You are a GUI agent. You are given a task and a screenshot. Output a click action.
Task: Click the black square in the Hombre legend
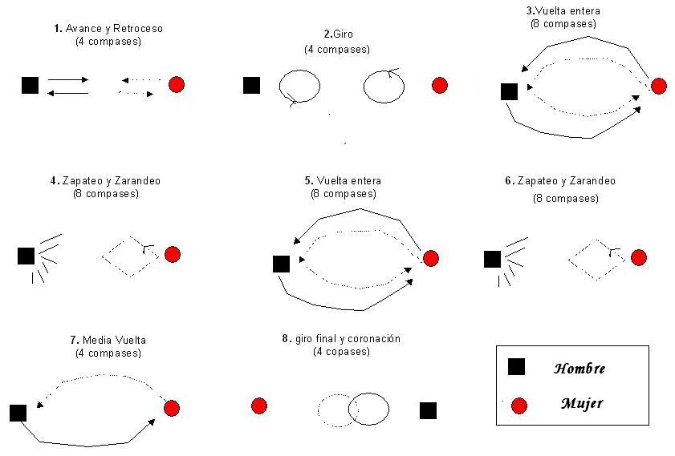point(517,367)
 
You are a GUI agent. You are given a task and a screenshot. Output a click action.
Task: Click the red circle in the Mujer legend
point(519,406)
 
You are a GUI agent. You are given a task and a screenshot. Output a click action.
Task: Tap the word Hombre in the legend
point(579,369)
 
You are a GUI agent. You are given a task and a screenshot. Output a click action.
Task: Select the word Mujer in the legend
point(581,404)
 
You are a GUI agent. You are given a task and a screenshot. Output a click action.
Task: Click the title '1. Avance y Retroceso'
point(108,29)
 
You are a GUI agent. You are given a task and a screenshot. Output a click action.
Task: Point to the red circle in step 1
point(177,84)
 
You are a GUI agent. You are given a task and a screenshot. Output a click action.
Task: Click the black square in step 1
point(30,85)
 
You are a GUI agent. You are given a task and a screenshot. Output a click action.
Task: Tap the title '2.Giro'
point(337,34)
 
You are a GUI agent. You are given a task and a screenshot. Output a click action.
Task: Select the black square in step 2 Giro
point(252,85)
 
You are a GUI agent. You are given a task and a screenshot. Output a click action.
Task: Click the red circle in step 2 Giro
point(439,85)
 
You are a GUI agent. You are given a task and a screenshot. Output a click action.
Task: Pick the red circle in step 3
point(659,86)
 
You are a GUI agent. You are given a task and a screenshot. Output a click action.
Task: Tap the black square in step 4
point(26,256)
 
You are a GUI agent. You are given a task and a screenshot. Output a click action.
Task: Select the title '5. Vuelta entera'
point(343,181)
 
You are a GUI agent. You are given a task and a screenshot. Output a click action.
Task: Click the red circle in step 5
point(431,258)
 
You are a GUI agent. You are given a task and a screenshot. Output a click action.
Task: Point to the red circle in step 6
point(638,257)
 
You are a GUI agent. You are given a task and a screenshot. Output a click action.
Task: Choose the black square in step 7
point(18,413)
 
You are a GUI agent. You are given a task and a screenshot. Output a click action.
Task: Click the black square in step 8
point(429,410)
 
